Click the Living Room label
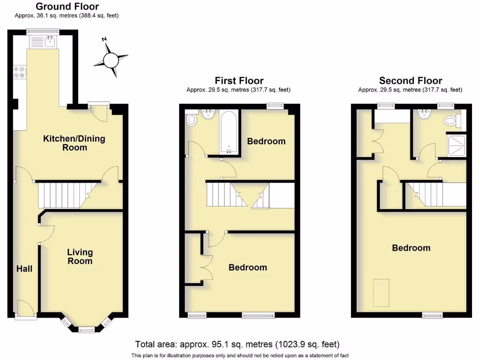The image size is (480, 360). point(80,256)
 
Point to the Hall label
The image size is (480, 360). point(24,269)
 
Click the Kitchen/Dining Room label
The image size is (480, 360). point(74,143)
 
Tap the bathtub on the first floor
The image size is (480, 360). point(230,132)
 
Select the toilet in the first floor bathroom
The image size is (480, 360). point(191,120)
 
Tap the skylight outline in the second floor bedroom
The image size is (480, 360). point(381,292)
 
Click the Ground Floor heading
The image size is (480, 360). point(67,7)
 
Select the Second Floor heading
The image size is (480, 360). point(411,81)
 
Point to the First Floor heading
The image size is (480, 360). point(239,81)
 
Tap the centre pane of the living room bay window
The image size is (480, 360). point(86,329)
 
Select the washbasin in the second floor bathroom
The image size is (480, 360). point(425,115)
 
